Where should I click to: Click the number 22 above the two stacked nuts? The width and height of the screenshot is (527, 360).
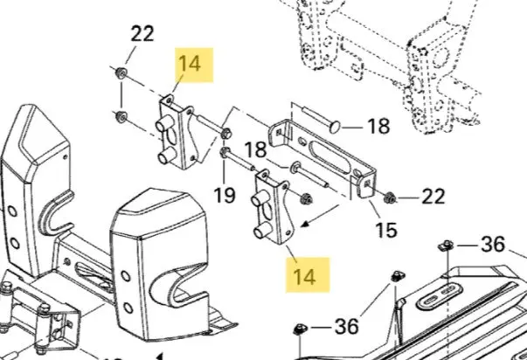pos(142,33)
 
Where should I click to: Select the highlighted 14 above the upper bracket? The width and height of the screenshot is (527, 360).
pos(190,64)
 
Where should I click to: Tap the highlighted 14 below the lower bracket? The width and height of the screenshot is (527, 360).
pos(304,277)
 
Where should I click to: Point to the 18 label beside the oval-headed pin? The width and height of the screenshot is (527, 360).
pos(378,126)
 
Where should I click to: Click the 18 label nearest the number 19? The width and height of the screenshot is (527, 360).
pos(255,149)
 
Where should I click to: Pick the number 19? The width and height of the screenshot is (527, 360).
pos(225,195)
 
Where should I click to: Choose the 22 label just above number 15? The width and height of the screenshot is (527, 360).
pos(433,197)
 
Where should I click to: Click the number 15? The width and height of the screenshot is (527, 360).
pos(386,231)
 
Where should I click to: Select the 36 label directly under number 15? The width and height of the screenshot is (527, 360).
pos(493,245)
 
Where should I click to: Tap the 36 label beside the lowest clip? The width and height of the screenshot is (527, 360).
pos(346,327)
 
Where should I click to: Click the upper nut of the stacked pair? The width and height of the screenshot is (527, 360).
pos(121,73)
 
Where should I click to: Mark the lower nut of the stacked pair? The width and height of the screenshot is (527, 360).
pos(121,116)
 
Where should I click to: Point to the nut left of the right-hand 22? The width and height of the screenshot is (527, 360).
pos(390,198)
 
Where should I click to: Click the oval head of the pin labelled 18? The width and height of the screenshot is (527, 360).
pos(336,127)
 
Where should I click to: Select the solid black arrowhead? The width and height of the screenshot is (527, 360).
pos(304,225)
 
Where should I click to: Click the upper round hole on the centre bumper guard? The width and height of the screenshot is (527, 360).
pos(126,276)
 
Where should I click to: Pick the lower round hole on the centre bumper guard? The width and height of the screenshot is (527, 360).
pos(128,308)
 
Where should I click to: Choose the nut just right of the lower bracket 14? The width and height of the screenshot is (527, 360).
pos(306,198)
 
